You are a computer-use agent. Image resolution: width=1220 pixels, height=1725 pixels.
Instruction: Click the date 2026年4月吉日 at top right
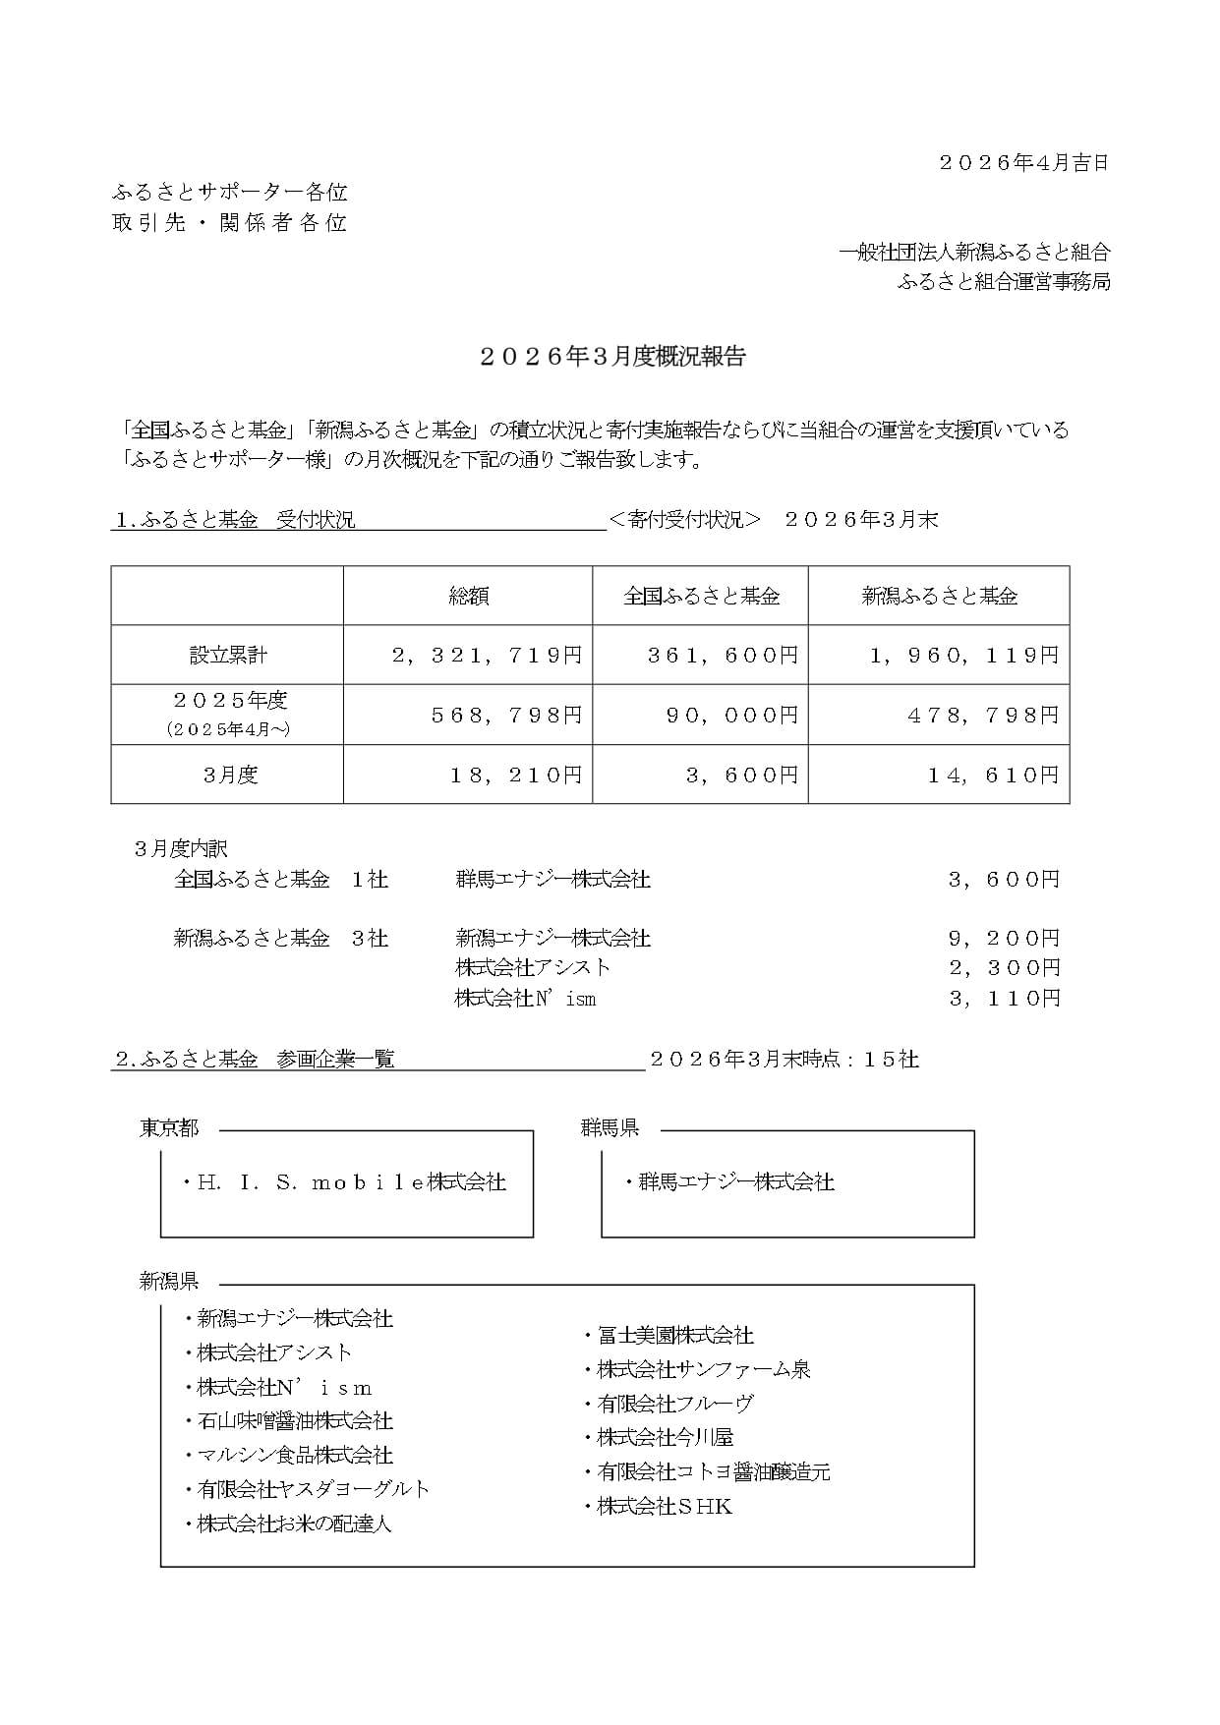click(x=1023, y=163)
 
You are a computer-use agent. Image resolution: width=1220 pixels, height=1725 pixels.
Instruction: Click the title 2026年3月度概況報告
click(x=613, y=357)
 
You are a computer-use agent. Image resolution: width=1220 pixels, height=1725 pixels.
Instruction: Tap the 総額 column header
click(x=468, y=596)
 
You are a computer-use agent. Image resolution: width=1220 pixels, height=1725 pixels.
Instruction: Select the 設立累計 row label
click(x=227, y=656)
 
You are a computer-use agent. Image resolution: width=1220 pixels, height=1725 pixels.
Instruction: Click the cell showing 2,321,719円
click(x=488, y=656)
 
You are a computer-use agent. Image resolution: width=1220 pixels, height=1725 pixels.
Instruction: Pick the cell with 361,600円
click(x=723, y=656)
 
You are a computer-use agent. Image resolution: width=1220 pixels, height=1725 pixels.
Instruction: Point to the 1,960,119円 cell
click(x=963, y=656)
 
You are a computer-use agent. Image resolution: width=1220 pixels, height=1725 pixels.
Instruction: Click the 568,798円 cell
click(x=507, y=716)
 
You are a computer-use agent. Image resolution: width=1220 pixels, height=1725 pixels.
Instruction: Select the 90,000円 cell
click(x=732, y=716)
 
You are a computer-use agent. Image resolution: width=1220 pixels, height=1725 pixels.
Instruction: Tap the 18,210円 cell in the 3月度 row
click(x=516, y=776)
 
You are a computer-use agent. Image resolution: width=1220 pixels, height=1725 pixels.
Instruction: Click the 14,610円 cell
click(x=993, y=776)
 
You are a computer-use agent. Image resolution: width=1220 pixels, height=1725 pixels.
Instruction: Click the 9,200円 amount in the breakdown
click(x=1004, y=939)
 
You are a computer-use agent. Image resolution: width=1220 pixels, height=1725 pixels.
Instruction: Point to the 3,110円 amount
click(x=1004, y=999)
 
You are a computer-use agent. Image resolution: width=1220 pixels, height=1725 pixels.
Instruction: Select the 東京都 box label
click(x=169, y=1128)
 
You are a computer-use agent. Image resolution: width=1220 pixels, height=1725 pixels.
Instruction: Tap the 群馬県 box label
click(x=610, y=1128)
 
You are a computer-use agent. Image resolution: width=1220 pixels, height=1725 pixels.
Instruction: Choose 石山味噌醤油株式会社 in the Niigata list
click(x=294, y=1421)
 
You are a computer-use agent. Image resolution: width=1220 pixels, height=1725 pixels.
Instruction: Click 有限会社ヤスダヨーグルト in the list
click(x=313, y=1489)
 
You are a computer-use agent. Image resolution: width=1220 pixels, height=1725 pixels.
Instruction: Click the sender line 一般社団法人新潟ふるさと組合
click(x=974, y=253)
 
